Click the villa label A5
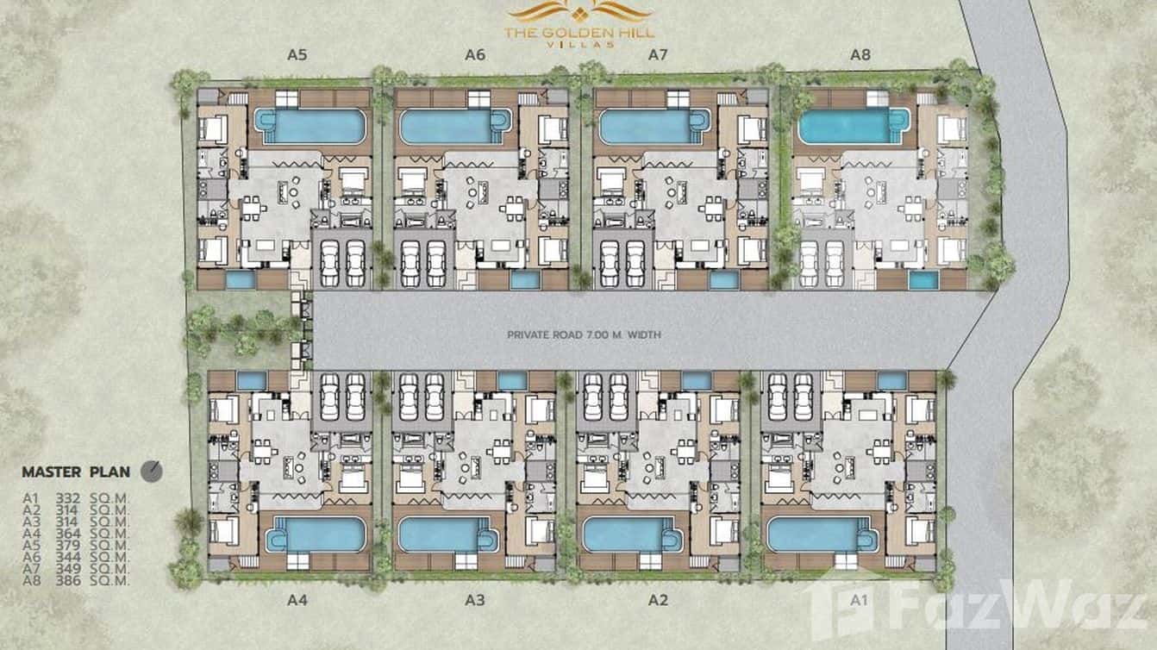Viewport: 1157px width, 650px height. click(297, 54)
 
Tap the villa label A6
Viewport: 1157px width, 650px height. click(475, 54)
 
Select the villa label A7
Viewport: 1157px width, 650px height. click(659, 54)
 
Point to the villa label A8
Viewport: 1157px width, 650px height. click(860, 54)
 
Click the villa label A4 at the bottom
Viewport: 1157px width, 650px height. click(296, 601)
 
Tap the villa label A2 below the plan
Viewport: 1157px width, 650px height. click(658, 601)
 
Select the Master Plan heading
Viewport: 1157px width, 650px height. click(76, 472)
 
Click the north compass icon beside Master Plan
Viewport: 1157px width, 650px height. click(152, 471)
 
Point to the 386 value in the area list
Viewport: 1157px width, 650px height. click(67, 581)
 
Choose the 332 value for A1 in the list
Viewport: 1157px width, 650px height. click(67, 497)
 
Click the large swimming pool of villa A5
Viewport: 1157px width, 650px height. click(309, 126)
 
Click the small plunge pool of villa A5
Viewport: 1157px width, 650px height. click(241, 279)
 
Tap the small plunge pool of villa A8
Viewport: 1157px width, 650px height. click(922, 280)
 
